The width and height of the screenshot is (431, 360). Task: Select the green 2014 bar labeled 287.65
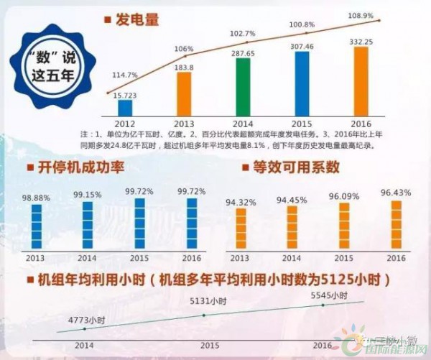[x=243, y=87]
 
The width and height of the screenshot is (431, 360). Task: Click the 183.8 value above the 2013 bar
[x=185, y=67]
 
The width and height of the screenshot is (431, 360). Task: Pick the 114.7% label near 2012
[x=126, y=75]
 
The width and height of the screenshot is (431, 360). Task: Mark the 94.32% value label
[x=241, y=202]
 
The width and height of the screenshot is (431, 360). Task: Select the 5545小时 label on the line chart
[x=329, y=295]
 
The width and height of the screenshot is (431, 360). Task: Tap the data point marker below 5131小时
[x=204, y=315]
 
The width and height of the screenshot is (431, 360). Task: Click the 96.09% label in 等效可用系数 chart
[x=344, y=195]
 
